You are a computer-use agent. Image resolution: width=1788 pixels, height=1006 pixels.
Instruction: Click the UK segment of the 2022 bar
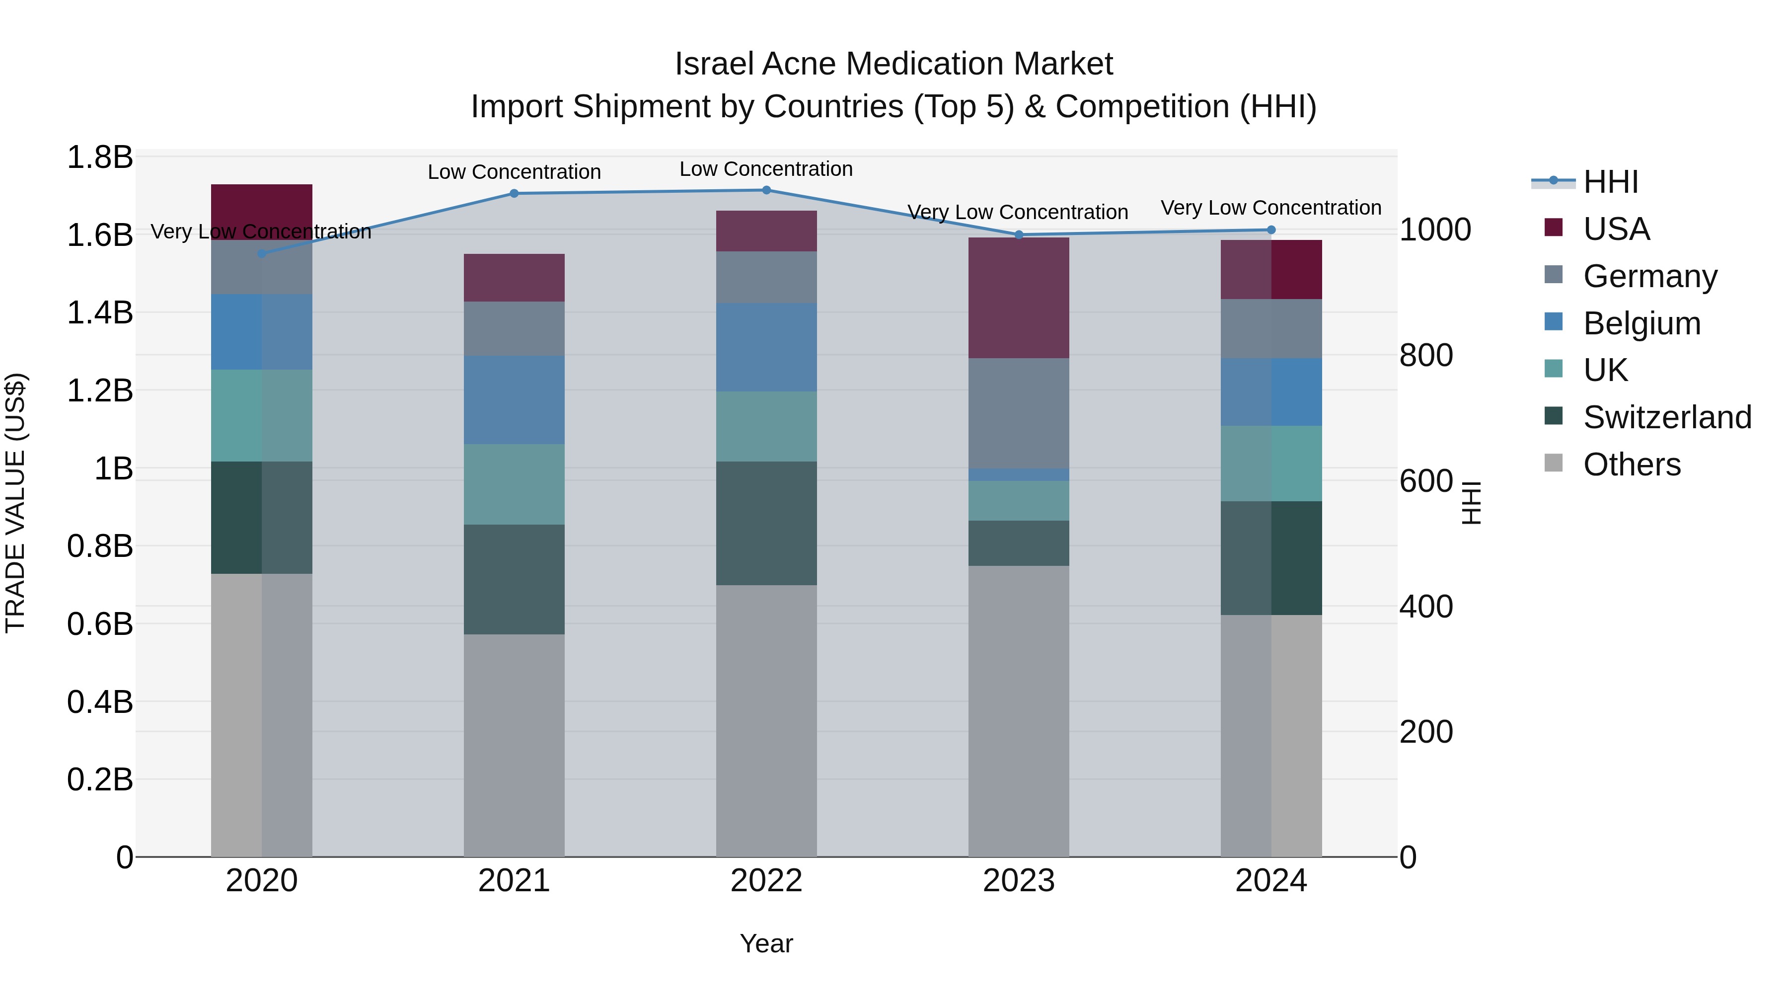point(766,426)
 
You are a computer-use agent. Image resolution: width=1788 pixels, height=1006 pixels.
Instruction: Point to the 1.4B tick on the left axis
point(99,312)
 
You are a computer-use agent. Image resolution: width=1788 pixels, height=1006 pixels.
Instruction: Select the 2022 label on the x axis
point(766,881)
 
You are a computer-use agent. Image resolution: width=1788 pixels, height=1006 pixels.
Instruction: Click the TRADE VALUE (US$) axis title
point(15,503)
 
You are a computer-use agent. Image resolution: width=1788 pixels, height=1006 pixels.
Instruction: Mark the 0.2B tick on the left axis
point(99,779)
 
